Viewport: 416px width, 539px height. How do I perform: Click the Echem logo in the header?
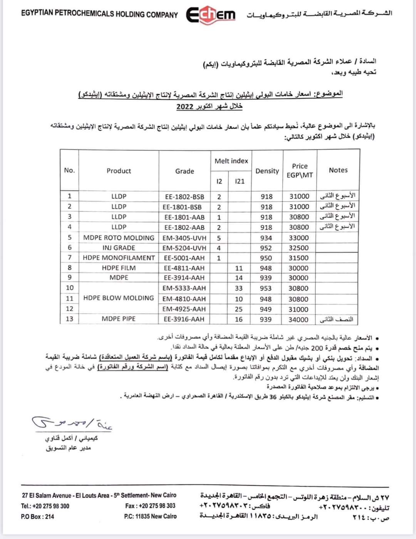click(211, 15)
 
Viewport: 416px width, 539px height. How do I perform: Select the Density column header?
click(267, 171)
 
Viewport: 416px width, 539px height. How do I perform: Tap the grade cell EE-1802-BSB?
click(185, 196)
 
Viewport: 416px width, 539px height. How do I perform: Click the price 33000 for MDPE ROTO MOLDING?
click(299, 238)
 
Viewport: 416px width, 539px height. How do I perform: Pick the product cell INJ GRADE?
click(119, 248)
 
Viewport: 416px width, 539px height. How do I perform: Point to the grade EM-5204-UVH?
click(184, 248)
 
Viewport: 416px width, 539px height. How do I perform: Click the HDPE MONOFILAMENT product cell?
click(119, 258)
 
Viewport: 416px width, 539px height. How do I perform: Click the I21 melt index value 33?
click(239, 288)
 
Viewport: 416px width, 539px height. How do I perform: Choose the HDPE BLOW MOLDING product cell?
click(119, 298)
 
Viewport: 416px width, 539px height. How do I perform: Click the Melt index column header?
click(231, 161)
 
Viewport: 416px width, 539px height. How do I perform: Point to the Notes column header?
click(338, 170)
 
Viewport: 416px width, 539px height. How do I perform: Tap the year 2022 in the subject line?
click(185, 107)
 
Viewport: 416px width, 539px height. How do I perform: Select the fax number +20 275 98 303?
click(150, 506)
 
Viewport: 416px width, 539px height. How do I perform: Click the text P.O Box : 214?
click(37, 516)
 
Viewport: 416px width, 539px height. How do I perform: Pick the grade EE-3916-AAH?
click(184, 319)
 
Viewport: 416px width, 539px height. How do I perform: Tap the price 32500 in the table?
click(299, 248)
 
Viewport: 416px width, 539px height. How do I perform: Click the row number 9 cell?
click(69, 277)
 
